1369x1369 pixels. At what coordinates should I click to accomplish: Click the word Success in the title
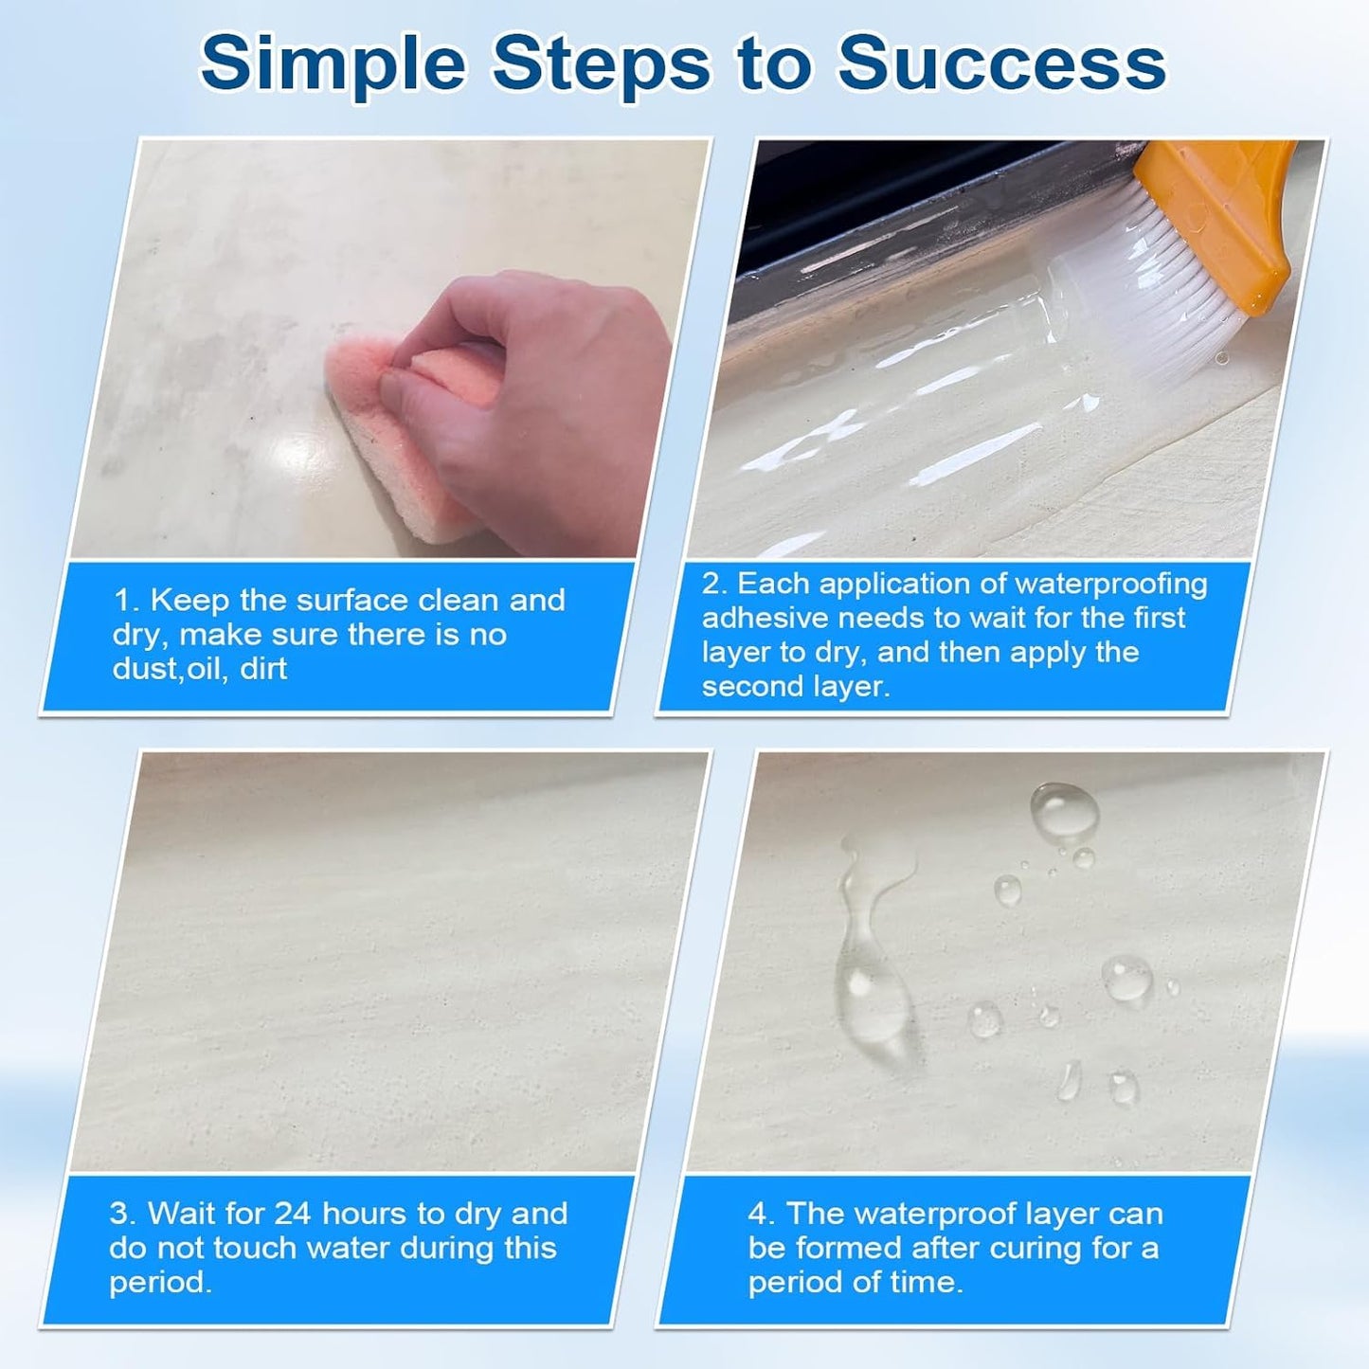1001,63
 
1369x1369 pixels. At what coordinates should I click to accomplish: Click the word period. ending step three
160,1283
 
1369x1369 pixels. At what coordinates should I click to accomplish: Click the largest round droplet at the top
1065,811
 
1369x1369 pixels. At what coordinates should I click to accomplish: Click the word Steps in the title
602,63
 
